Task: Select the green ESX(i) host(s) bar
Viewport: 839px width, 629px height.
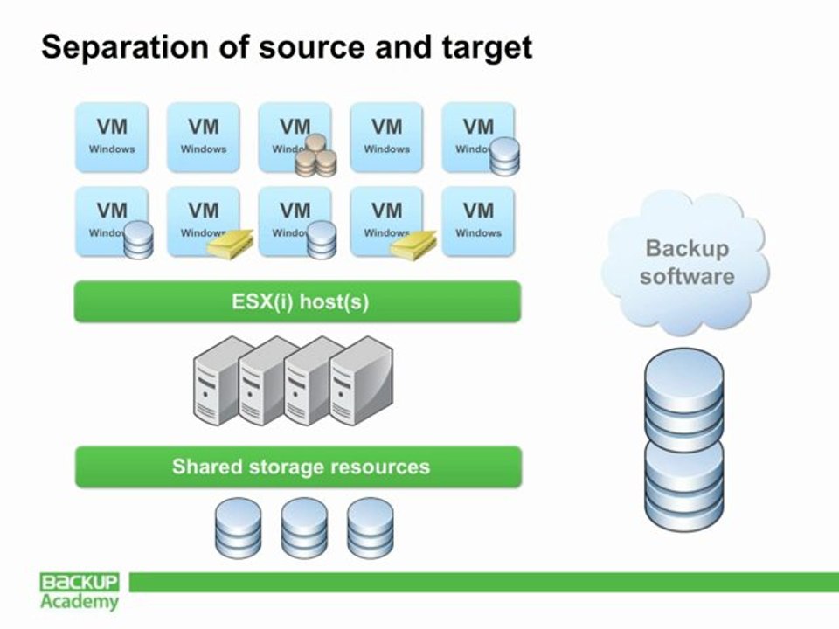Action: [x=297, y=302]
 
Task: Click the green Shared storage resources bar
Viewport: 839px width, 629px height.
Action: [x=298, y=467]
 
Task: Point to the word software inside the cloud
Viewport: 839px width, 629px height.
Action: [x=687, y=277]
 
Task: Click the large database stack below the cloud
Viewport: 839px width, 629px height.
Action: [x=684, y=437]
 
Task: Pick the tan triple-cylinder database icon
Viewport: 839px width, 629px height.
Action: [x=315, y=156]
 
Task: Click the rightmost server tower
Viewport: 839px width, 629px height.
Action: [x=361, y=383]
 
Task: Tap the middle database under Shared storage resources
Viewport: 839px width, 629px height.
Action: [x=303, y=528]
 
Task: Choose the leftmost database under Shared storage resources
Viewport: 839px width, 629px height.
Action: [x=238, y=528]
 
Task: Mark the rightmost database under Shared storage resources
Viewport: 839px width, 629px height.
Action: [x=370, y=528]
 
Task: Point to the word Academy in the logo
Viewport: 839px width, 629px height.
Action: [x=80, y=602]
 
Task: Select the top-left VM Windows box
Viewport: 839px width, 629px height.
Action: [x=112, y=135]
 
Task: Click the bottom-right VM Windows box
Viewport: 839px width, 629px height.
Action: [x=478, y=220]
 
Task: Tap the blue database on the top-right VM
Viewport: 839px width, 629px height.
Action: [x=504, y=157]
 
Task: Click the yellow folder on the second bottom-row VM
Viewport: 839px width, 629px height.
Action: [x=230, y=245]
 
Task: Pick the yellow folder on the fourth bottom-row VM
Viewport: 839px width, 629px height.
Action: [x=413, y=245]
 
